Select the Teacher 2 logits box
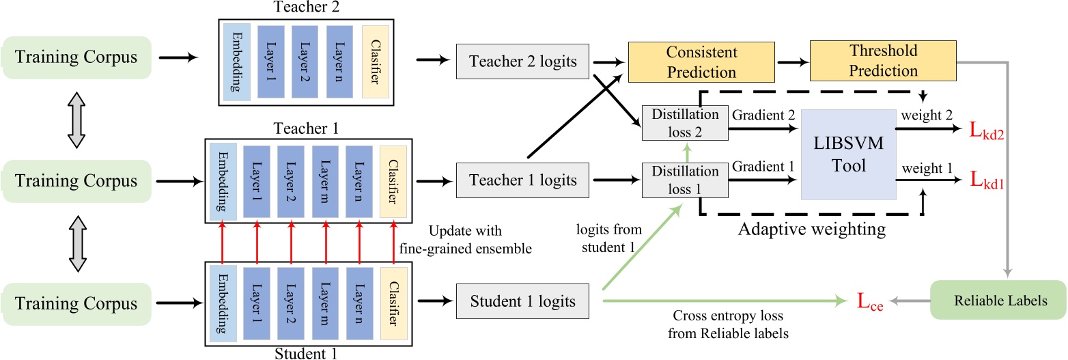click(522, 61)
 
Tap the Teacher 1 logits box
click(522, 181)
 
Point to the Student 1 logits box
click(522, 301)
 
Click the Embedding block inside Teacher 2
click(237, 61)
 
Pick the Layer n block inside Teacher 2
click(339, 61)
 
